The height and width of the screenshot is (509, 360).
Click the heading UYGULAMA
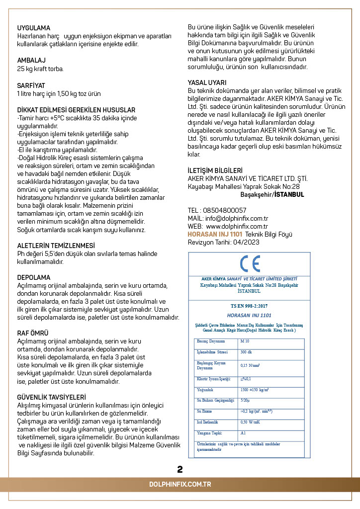[33, 28]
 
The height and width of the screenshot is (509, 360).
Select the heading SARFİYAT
[31, 86]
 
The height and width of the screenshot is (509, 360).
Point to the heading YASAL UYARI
[207, 83]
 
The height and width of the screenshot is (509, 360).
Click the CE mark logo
[250, 263]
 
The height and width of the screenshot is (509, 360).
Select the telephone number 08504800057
[226, 210]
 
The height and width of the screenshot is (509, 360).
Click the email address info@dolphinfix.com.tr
[236, 218]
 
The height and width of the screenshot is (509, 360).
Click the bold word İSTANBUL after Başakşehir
[289, 194]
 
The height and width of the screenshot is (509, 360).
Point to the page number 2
[180, 469]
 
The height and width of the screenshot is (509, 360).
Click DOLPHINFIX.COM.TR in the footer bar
[180, 484]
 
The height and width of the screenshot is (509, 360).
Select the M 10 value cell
[245, 341]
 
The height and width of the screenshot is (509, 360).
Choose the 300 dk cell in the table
[246, 352]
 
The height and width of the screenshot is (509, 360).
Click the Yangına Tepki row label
[209, 433]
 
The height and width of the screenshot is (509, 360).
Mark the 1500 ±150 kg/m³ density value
[255, 390]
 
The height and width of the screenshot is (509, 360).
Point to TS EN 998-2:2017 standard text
[249, 305]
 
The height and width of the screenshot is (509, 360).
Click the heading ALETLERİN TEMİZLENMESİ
[56, 246]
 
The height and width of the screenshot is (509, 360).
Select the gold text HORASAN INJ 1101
[215, 234]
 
